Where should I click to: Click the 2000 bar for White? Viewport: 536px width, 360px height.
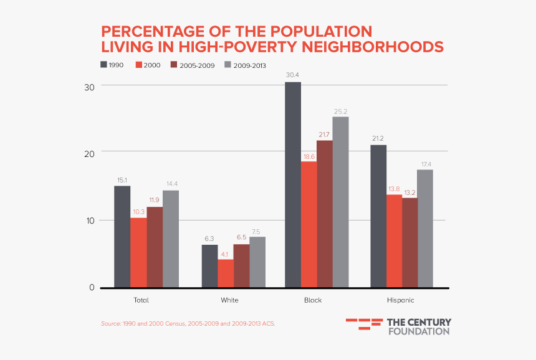point(226,273)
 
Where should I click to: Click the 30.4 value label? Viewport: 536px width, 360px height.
point(293,76)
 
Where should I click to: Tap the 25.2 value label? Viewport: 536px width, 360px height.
point(340,111)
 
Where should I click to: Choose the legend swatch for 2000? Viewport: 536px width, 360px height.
point(139,64)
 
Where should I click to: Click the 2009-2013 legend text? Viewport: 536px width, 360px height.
point(250,65)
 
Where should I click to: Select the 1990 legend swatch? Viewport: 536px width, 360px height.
point(103,64)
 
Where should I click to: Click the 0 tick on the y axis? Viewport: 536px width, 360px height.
point(92,288)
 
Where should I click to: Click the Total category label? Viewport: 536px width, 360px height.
point(141,300)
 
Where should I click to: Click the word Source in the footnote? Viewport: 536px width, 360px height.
point(110,324)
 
